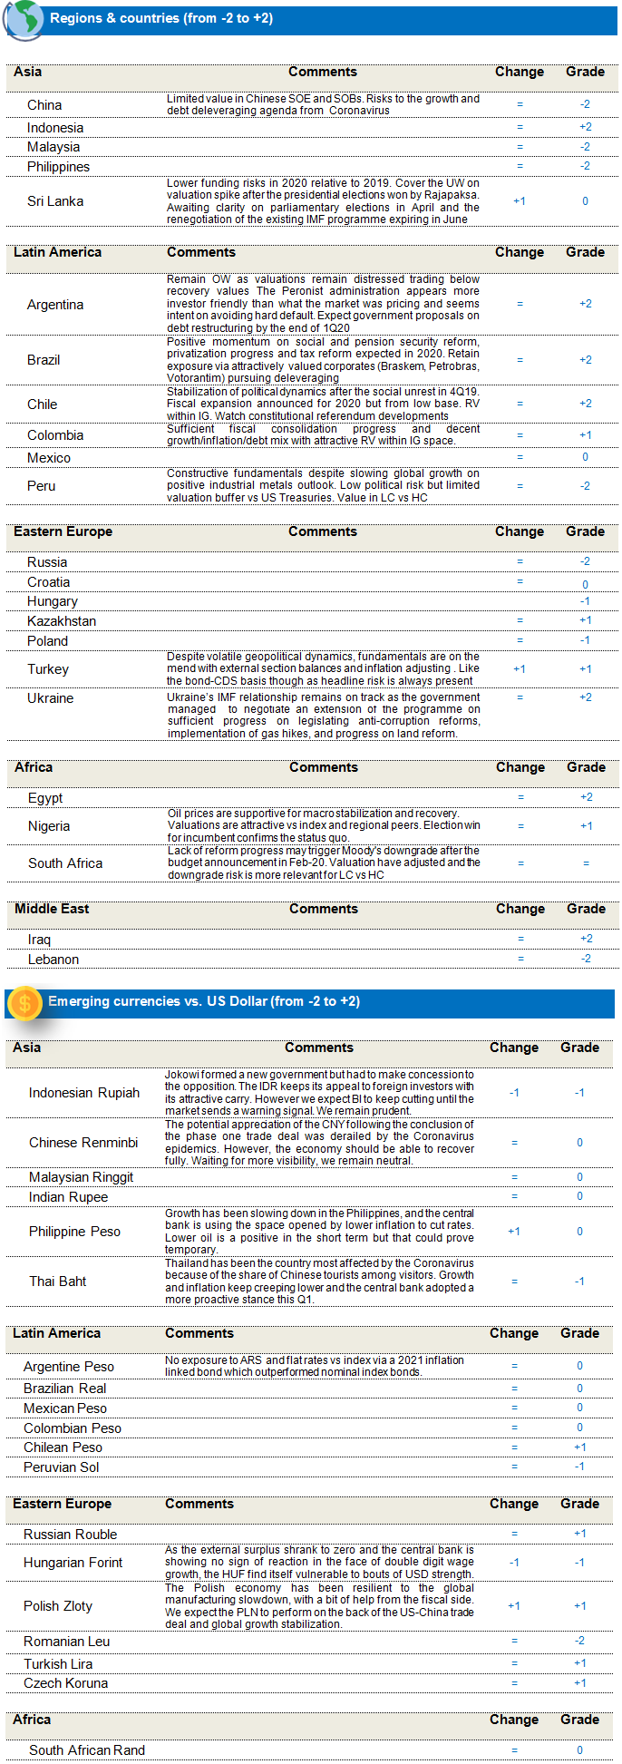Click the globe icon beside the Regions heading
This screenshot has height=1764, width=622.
tap(23, 20)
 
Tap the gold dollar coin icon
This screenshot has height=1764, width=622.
tap(24, 1002)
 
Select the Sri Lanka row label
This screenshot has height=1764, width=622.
tap(55, 201)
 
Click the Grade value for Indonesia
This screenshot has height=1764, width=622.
tap(585, 127)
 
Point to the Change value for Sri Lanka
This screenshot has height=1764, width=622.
tap(520, 201)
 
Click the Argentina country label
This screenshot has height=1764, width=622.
tap(55, 305)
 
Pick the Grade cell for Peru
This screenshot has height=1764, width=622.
tap(585, 486)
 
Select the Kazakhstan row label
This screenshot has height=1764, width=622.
tap(62, 621)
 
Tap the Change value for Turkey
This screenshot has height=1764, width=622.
tap(520, 669)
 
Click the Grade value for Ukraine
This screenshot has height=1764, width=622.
tap(585, 697)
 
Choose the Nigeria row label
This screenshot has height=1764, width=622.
tap(49, 826)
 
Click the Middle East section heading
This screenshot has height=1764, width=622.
tap(52, 909)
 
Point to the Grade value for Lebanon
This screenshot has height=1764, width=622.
tap(586, 959)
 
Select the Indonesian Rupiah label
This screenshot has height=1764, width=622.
tap(84, 1093)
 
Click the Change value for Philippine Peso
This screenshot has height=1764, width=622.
tap(514, 1232)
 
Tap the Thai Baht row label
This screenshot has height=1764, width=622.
tap(58, 1282)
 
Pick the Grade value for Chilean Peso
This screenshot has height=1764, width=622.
tap(579, 1447)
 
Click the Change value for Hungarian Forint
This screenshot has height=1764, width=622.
tap(514, 1563)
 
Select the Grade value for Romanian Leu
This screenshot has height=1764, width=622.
tap(579, 1641)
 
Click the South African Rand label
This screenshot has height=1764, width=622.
tap(87, 1750)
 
